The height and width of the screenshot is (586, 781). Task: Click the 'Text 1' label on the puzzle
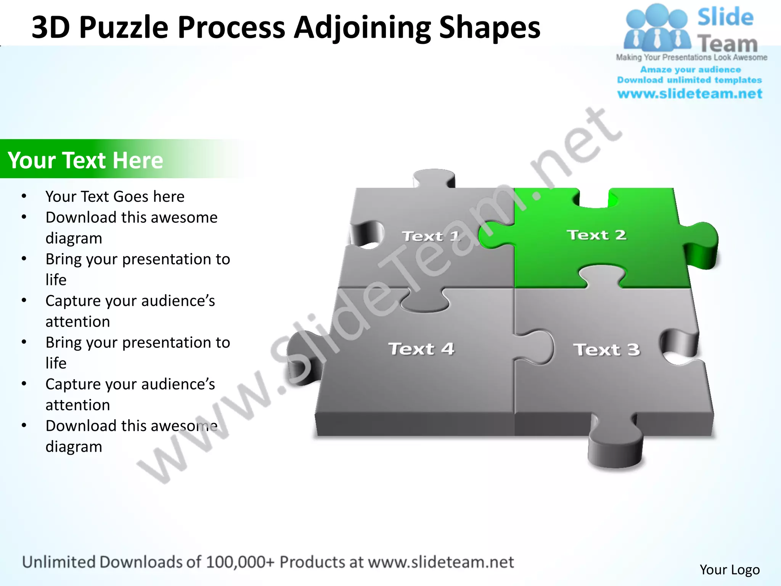pyautogui.click(x=431, y=237)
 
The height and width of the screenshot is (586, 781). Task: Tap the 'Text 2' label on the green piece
pyautogui.click(x=596, y=235)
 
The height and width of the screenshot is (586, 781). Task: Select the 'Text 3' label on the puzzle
pyautogui.click(x=606, y=350)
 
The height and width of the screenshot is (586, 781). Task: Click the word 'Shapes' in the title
pyautogui.click(x=490, y=27)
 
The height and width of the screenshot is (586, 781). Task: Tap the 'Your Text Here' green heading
pyautogui.click(x=85, y=160)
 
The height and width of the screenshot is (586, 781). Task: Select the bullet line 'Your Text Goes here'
pyautogui.click(x=115, y=196)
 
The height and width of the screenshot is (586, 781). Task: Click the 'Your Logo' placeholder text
pyautogui.click(x=730, y=570)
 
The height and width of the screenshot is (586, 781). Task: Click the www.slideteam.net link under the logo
pyautogui.click(x=690, y=94)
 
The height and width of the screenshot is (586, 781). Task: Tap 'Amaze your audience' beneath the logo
pyautogui.click(x=690, y=70)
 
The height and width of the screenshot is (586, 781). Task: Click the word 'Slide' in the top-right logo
pyautogui.click(x=725, y=18)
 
